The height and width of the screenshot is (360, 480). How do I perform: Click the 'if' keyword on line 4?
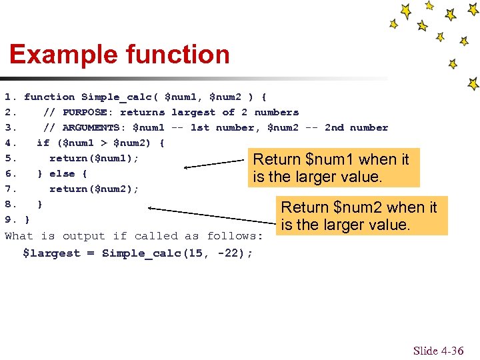[43, 143]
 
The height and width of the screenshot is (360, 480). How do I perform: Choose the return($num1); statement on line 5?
[94, 158]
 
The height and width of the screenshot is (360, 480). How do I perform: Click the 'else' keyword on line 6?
[62, 173]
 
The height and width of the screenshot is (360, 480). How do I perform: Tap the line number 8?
[9, 204]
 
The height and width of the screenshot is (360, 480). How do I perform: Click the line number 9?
[9, 219]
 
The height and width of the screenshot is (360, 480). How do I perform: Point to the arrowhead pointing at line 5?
[187, 166]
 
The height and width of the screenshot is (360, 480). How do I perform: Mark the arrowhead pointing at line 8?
[151, 208]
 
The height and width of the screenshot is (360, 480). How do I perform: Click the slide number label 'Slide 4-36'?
[437, 351]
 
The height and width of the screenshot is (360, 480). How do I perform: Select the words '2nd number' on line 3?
[356, 128]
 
